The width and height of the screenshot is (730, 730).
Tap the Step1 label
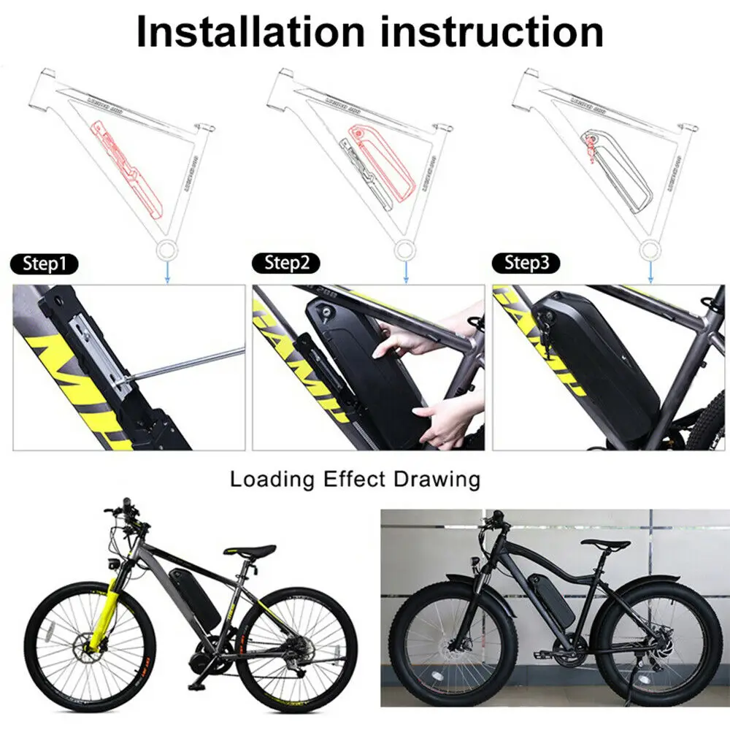point(45,264)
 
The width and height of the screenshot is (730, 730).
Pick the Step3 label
point(528,264)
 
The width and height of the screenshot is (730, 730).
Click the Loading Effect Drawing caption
point(356,480)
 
